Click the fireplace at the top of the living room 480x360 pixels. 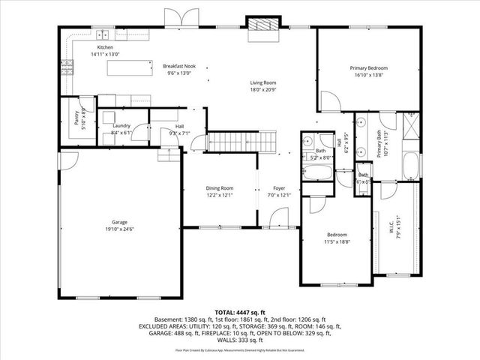tap(263, 25)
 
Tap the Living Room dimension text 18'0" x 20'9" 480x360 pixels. tap(263, 89)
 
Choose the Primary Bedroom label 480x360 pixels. tap(368, 68)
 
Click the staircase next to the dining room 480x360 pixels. tap(241, 140)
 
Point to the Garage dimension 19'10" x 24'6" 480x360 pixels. tap(120, 229)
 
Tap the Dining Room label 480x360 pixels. tap(220, 188)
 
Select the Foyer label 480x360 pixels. tap(279, 188)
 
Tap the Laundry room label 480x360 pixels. tap(121, 126)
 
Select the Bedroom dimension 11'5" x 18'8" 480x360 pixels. tap(337, 241)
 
